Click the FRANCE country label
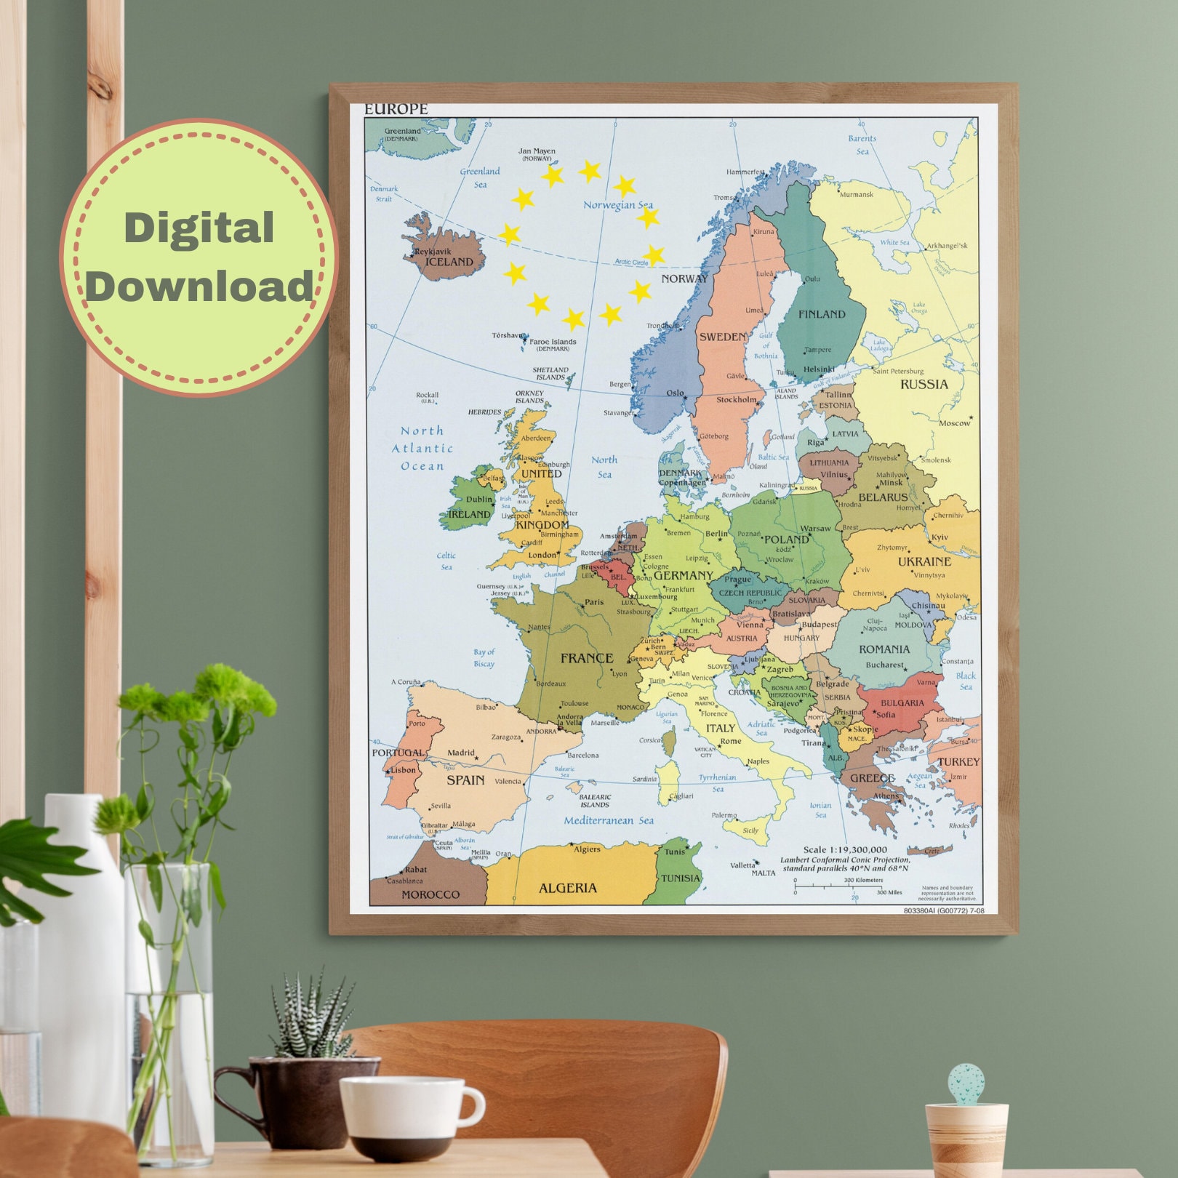tap(587, 658)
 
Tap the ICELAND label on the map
tap(449, 262)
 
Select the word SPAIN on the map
tap(465, 780)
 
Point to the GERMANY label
tap(683, 575)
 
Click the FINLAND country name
tap(822, 314)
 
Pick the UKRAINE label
tap(924, 561)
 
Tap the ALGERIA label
tap(567, 888)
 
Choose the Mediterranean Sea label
tap(609, 820)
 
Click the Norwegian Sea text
tap(617, 205)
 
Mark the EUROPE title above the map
tap(396, 109)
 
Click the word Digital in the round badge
tap(199, 228)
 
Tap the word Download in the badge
tap(199, 286)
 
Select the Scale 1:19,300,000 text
tap(845, 849)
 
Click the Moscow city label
tap(954, 422)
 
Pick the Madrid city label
tap(460, 753)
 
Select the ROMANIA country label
tap(884, 649)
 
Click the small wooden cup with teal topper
tap(966, 1134)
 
